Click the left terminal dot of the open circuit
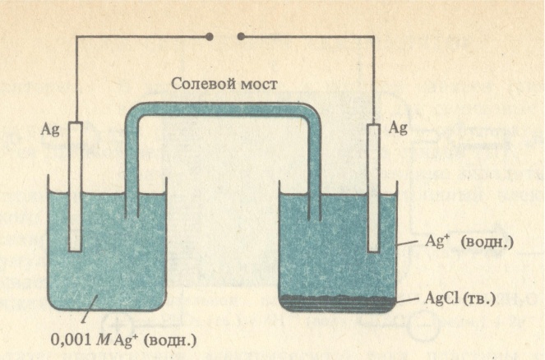[x=210, y=36]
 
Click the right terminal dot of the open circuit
[x=241, y=36]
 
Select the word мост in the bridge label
[x=260, y=85]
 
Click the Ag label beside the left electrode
[x=50, y=130]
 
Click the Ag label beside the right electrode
[x=398, y=128]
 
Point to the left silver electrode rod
[x=75, y=187]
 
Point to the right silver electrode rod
[x=373, y=188]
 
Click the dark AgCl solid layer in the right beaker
[x=337, y=303]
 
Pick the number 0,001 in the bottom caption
[x=71, y=339]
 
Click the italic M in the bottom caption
[x=103, y=339]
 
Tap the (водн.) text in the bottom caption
[x=171, y=340]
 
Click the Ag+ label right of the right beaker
[x=435, y=241]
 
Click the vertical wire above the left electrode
[x=76, y=79]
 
